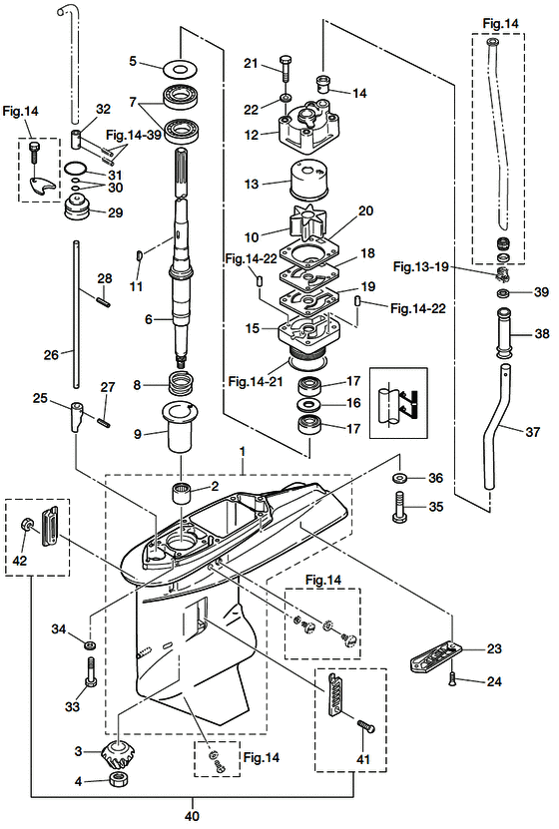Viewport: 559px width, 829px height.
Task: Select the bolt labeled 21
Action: tap(285, 67)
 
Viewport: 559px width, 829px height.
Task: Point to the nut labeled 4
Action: tap(119, 780)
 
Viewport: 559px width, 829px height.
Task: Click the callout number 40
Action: tap(192, 816)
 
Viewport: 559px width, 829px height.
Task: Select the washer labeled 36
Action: tap(400, 479)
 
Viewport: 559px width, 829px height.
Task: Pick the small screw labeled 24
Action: tap(453, 678)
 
